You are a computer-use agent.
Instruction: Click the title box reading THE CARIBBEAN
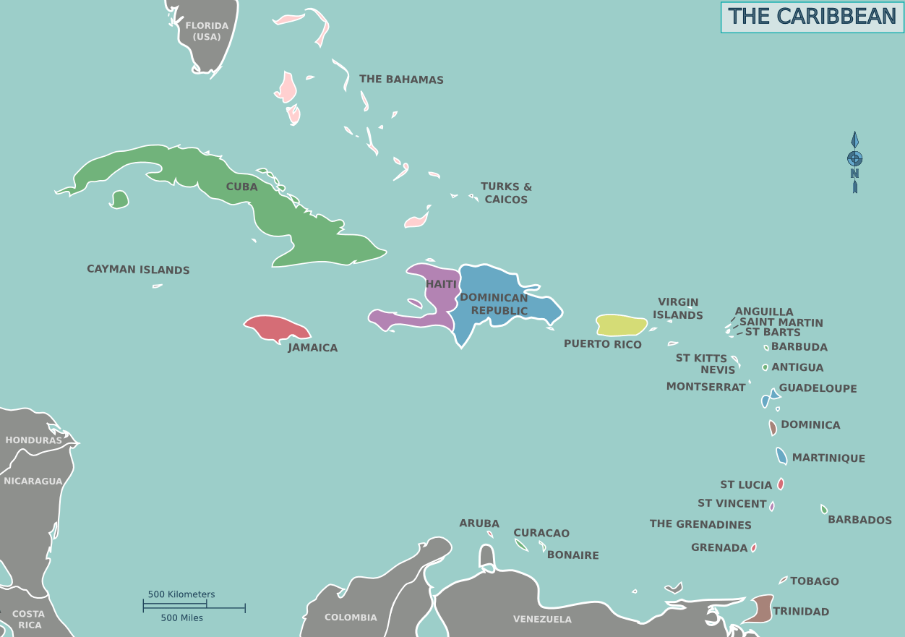(x=812, y=17)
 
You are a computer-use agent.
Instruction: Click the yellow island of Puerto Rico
(x=621, y=325)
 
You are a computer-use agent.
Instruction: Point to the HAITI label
(x=441, y=284)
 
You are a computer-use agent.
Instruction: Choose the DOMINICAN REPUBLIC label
(x=494, y=304)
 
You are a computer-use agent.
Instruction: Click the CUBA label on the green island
(x=241, y=187)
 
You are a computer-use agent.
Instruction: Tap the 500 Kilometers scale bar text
(x=181, y=594)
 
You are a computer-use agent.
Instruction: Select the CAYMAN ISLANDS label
(x=138, y=270)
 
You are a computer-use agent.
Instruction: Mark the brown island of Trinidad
(x=759, y=609)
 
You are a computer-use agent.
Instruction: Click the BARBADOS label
(x=859, y=520)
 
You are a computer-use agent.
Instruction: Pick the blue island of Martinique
(x=781, y=456)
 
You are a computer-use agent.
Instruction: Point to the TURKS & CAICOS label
(x=506, y=193)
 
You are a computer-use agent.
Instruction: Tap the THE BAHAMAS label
(x=401, y=80)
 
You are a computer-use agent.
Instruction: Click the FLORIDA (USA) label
(x=207, y=31)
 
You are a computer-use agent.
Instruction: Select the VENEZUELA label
(x=542, y=619)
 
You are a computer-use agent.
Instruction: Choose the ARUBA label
(x=479, y=523)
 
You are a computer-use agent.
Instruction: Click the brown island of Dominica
(x=773, y=427)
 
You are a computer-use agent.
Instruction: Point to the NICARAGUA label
(x=33, y=481)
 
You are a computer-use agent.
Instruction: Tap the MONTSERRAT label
(x=705, y=387)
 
